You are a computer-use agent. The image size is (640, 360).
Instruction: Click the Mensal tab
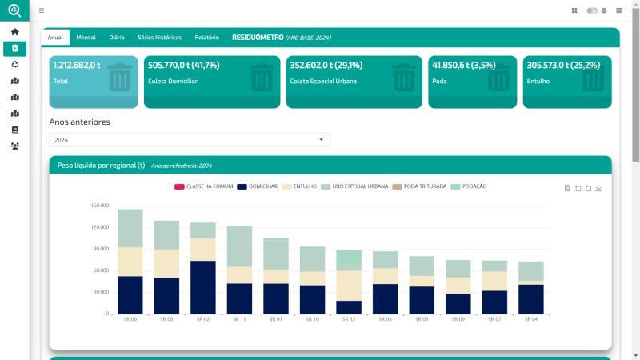click(86, 38)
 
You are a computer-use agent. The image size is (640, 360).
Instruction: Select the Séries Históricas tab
click(159, 38)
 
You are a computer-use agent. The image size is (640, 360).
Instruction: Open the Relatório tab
click(206, 38)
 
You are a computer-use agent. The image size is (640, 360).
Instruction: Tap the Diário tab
click(116, 38)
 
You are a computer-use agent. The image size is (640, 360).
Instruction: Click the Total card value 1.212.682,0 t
click(77, 66)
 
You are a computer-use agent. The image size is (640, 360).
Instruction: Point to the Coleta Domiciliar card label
click(173, 81)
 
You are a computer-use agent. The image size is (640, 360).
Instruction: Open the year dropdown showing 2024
click(190, 140)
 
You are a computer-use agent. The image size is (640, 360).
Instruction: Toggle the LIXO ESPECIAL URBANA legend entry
click(354, 186)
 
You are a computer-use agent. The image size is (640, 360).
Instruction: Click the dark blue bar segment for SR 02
click(203, 287)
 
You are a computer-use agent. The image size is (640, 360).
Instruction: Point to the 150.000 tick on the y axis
click(99, 206)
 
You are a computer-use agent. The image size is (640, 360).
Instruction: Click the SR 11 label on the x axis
click(239, 319)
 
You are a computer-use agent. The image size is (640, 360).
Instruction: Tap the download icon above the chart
click(598, 188)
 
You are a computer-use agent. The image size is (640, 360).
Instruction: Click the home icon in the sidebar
click(14, 32)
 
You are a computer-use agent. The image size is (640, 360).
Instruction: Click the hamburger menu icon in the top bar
click(42, 10)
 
